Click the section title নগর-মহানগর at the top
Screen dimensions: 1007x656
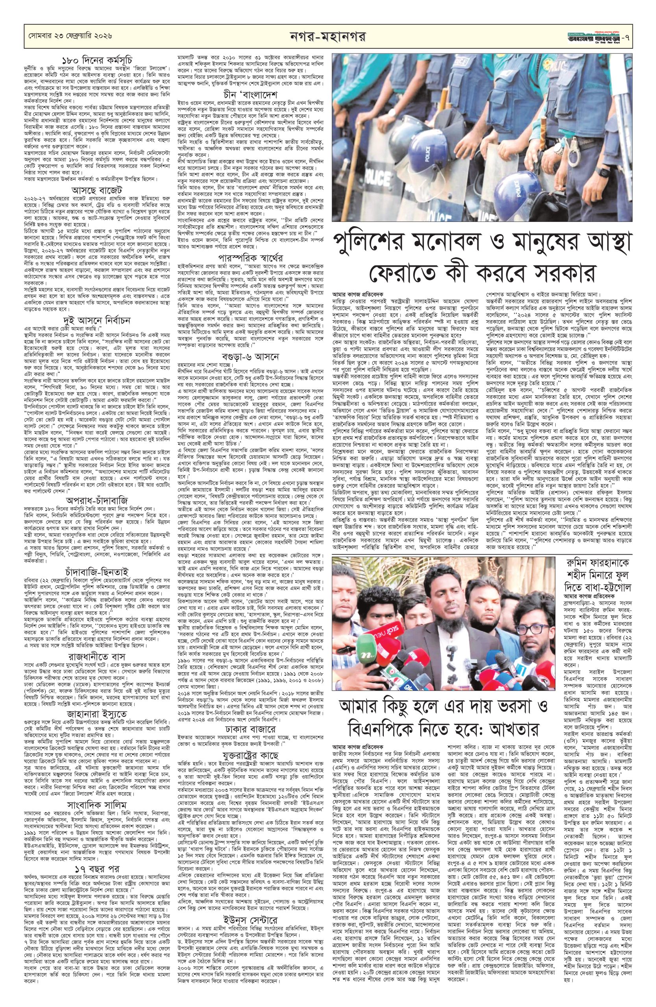[328, 35]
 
